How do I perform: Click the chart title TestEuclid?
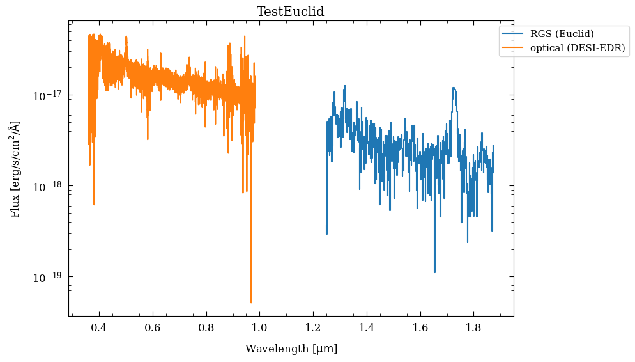pos(291,12)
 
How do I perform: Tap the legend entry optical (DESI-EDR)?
pos(573,48)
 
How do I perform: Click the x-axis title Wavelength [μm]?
pos(291,349)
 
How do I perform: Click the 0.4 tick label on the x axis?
pos(99,328)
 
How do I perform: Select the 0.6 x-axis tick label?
pos(153,328)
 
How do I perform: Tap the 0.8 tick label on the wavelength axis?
pos(206,328)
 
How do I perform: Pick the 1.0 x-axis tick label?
pos(259,328)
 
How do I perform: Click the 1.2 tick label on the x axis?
pos(313,328)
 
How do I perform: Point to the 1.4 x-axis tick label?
pos(367,328)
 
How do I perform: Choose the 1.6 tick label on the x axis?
pos(420,328)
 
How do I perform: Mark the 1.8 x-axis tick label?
pos(473,328)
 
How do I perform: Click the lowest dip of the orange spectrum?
pos(251,303)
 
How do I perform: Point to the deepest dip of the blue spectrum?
pos(434,272)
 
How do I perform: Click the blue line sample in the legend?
pos(513,34)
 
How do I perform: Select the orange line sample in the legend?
pos(513,48)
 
